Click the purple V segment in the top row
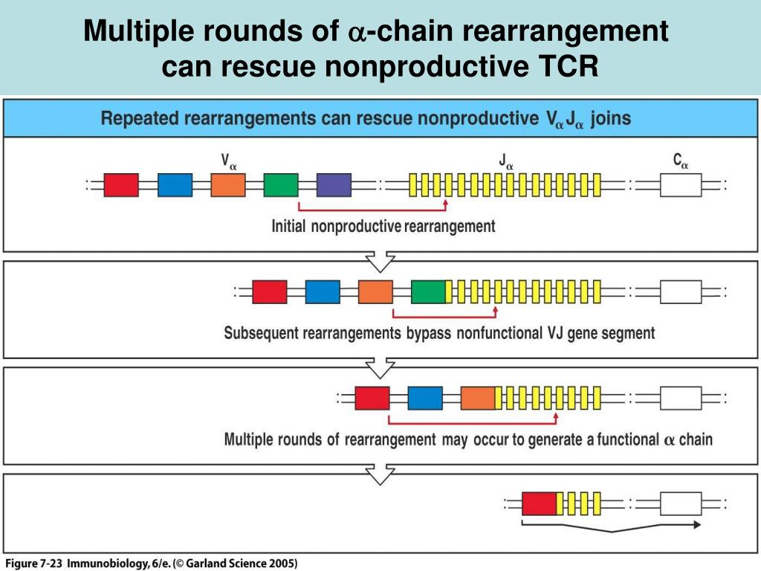[x=334, y=185]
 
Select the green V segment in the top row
[x=281, y=185]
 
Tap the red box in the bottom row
[x=540, y=503]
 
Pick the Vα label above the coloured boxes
[x=229, y=161]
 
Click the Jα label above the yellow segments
[x=505, y=161]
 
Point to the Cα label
[x=681, y=161]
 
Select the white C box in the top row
[x=681, y=185]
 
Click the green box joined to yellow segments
[x=428, y=291]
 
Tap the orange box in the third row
[x=478, y=399]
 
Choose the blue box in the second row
[x=323, y=291]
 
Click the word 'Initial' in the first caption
[x=288, y=226]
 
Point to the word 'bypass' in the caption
[x=429, y=334]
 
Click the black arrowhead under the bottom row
[x=697, y=524]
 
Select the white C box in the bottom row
[x=681, y=503]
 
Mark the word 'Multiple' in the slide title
[x=138, y=31]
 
